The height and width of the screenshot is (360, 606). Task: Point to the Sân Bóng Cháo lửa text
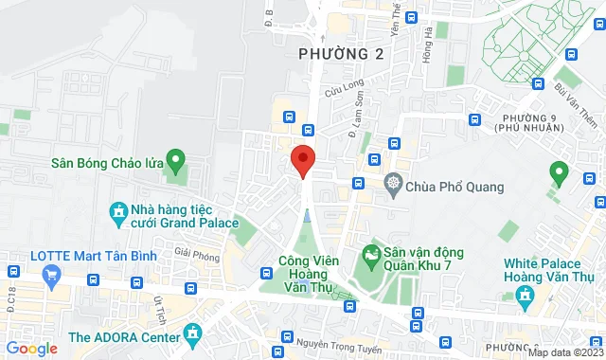pos(108,163)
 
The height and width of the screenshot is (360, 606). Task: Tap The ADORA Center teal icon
pos(193,333)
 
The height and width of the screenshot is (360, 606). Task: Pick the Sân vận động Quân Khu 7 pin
pos(371,256)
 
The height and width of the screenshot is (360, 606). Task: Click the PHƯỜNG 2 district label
pos(341,54)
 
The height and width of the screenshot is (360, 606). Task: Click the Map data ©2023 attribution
pos(564,352)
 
